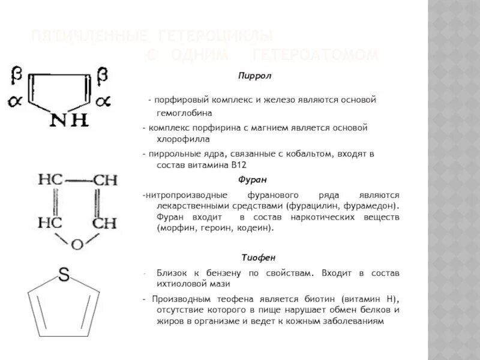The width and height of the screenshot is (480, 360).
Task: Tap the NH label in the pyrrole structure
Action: coord(68,121)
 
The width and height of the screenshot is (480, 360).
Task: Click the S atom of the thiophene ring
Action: coord(64,275)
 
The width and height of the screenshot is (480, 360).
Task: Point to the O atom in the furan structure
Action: coord(76,244)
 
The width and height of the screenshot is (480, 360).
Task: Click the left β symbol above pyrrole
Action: coord(17,74)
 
